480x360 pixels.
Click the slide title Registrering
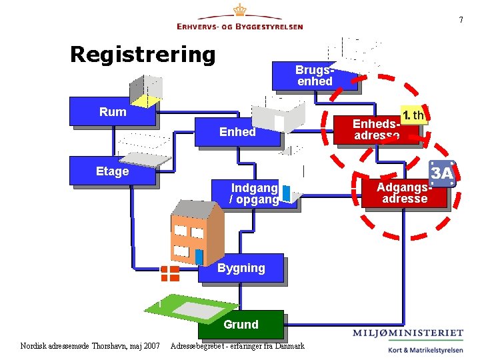(143, 54)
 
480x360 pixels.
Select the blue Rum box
(113, 112)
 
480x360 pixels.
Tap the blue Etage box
(113, 171)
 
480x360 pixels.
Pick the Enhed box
(237, 132)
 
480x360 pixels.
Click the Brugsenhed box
(315, 76)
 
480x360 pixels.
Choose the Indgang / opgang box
(253, 194)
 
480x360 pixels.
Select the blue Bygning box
(241, 268)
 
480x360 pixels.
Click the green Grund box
(241, 325)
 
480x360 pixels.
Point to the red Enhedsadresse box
(377, 129)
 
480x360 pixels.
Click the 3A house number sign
(442, 173)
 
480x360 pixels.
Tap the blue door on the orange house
(199, 257)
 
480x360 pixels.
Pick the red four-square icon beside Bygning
(170, 273)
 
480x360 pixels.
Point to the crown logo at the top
(239, 12)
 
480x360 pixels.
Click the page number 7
(460, 20)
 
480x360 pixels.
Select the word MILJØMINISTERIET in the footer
(408, 333)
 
